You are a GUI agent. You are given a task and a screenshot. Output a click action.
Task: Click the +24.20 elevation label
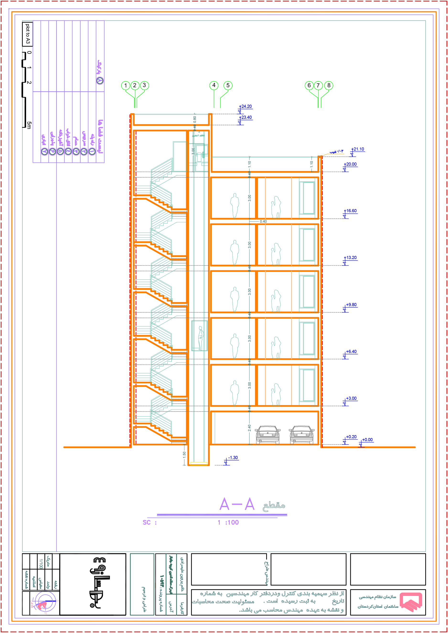[x=245, y=107]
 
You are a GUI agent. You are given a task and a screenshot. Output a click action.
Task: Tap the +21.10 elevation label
[x=358, y=149]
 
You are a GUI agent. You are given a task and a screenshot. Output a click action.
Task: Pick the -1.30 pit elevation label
[x=233, y=458]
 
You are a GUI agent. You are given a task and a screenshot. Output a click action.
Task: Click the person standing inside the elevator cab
[x=201, y=338]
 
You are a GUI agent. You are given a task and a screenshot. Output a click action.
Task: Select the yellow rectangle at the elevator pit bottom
[x=199, y=464]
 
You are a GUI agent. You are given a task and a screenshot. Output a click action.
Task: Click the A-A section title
[x=237, y=504]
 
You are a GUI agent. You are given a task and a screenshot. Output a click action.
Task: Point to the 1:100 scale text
[x=228, y=523]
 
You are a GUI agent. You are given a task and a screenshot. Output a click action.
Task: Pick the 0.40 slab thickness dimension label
[x=263, y=222]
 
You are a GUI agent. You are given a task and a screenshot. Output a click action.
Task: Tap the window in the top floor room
[x=307, y=198]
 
